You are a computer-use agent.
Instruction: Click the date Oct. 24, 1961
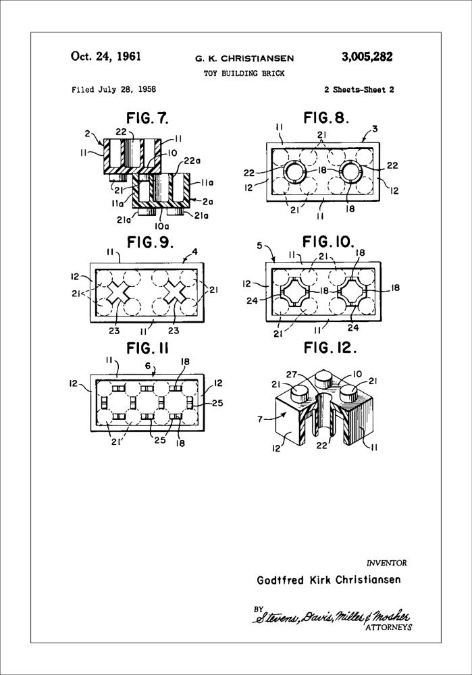tap(105, 57)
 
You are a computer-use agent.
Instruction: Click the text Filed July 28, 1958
tap(113, 89)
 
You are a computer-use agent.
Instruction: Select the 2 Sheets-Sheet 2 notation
tap(359, 89)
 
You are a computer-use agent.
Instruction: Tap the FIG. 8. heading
tap(326, 117)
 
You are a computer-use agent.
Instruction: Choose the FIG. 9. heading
tap(150, 242)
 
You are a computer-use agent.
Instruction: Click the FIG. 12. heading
tap(330, 348)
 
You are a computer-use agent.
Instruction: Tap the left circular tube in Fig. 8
tap(294, 173)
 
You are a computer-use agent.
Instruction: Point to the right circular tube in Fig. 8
tap(351, 173)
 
